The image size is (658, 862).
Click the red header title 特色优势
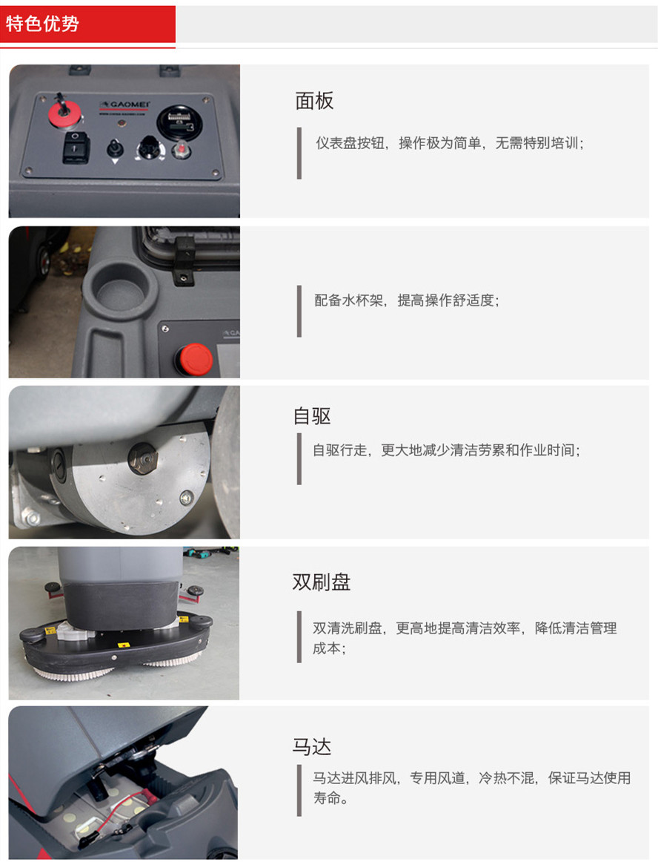click(x=42, y=24)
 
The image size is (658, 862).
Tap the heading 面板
click(x=313, y=101)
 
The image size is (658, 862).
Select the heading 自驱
click(x=312, y=416)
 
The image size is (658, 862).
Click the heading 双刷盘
click(x=322, y=582)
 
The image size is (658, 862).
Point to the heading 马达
click(x=312, y=747)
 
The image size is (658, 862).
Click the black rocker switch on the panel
click(x=76, y=148)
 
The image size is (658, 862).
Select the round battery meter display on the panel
click(x=179, y=122)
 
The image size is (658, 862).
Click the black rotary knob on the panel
click(x=147, y=148)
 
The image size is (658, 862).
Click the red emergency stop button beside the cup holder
click(x=196, y=359)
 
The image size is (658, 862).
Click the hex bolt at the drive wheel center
click(x=143, y=458)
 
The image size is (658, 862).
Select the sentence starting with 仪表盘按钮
click(x=449, y=143)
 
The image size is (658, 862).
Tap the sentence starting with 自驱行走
click(x=447, y=450)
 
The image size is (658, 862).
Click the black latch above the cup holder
click(x=184, y=257)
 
